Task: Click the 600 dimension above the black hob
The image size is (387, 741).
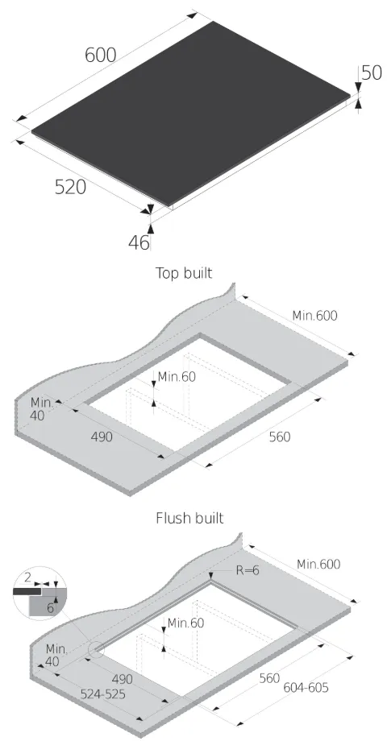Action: pyautogui.click(x=100, y=56)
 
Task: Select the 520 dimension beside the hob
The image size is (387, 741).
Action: pyautogui.click(x=70, y=187)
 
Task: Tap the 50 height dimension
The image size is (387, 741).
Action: pyautogui.click(x=372, y=72)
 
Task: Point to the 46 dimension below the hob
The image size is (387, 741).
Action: pyautogui.click(x=139, y=242)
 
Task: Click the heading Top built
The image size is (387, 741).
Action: pyautogui.click(x=184, y=273)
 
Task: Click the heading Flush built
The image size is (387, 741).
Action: pyautogui.click(x=189, y=518)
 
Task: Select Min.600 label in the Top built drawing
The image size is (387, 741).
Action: pyautogui.click(x=314, y=315)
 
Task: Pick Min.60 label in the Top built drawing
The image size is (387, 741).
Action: pyautogui.click(x=177, y=377)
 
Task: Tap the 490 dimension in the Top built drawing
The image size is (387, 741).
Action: pyautogui.click(x=102, y=437)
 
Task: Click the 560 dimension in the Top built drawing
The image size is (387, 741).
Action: pyautogui.click(x=280, y=437)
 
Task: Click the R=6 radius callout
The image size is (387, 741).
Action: pyautogui.click(x=248, y=570)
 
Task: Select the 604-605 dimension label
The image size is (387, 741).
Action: pyautogui.click(x=306, y=687)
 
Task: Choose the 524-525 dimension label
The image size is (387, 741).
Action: pyautogui.click(x=102, y=694)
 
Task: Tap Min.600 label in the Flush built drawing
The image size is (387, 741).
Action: pyautogui.click(x=318, y=564)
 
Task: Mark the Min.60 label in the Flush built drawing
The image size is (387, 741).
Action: pyautogui.click(x=186, y=623)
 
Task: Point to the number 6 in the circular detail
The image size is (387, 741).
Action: pyautogui.click(x=50, y=608)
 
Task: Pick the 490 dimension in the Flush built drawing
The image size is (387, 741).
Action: pyautogui.click(x=122, y=679)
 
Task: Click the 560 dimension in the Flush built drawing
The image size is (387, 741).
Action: pyautogui.click(x=269, y=678)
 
